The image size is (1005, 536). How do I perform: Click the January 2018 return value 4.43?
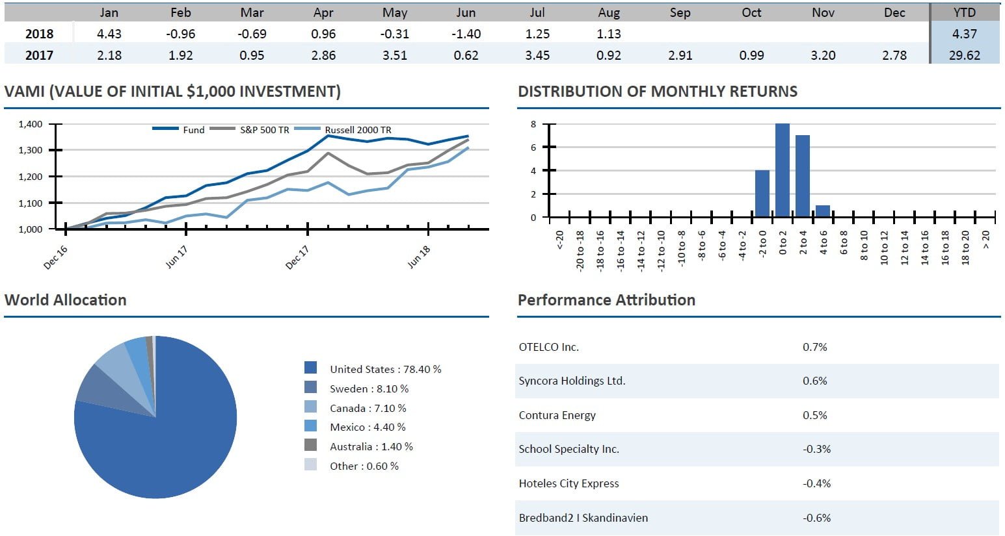tap(109, 34)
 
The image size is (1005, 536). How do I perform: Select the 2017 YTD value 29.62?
tap(964, 55)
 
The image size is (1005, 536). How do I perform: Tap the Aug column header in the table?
tap(609, 12)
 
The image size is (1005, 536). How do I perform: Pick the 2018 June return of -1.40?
tap(466, 34)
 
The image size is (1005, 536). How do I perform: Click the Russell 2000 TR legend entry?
tap(358, 130)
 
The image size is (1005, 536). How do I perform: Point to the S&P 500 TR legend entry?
tap(264, 130)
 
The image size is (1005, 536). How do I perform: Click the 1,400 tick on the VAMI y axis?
tap(31, 124)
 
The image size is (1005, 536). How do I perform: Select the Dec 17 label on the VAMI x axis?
tap(298, 257)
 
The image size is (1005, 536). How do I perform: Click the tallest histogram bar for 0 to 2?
tap(783, 170)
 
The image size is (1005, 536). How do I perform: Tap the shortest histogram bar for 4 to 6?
tap(823, 211)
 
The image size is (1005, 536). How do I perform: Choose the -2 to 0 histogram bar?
tap(762, 194)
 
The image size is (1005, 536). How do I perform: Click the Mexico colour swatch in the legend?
tap(311, 426)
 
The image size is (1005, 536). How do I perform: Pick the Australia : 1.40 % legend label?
tap(371, 446)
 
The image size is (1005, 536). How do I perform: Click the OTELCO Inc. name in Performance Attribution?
tap(548, 347)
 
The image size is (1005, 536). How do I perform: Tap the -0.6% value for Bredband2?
tap(816, 518)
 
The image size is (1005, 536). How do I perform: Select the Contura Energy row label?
tap(557, 415)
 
